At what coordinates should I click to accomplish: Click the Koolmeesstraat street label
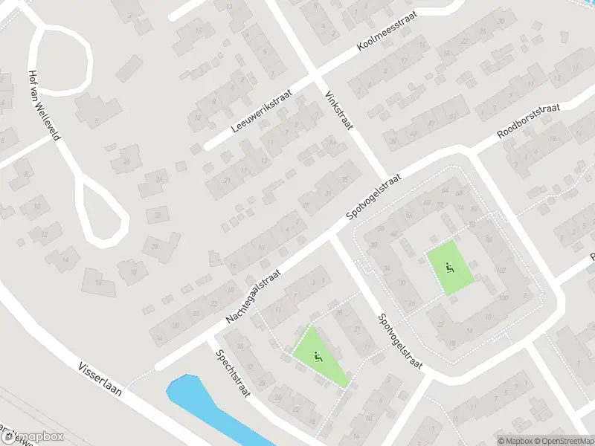pos(387,31)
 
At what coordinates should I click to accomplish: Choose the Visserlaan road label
pos(100,381)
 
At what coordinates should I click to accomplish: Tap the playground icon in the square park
pos(449,268)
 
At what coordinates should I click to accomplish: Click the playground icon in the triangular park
pos(318,357)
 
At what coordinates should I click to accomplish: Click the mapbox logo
pos(33,437)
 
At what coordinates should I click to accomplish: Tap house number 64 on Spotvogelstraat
pos(445,190)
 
